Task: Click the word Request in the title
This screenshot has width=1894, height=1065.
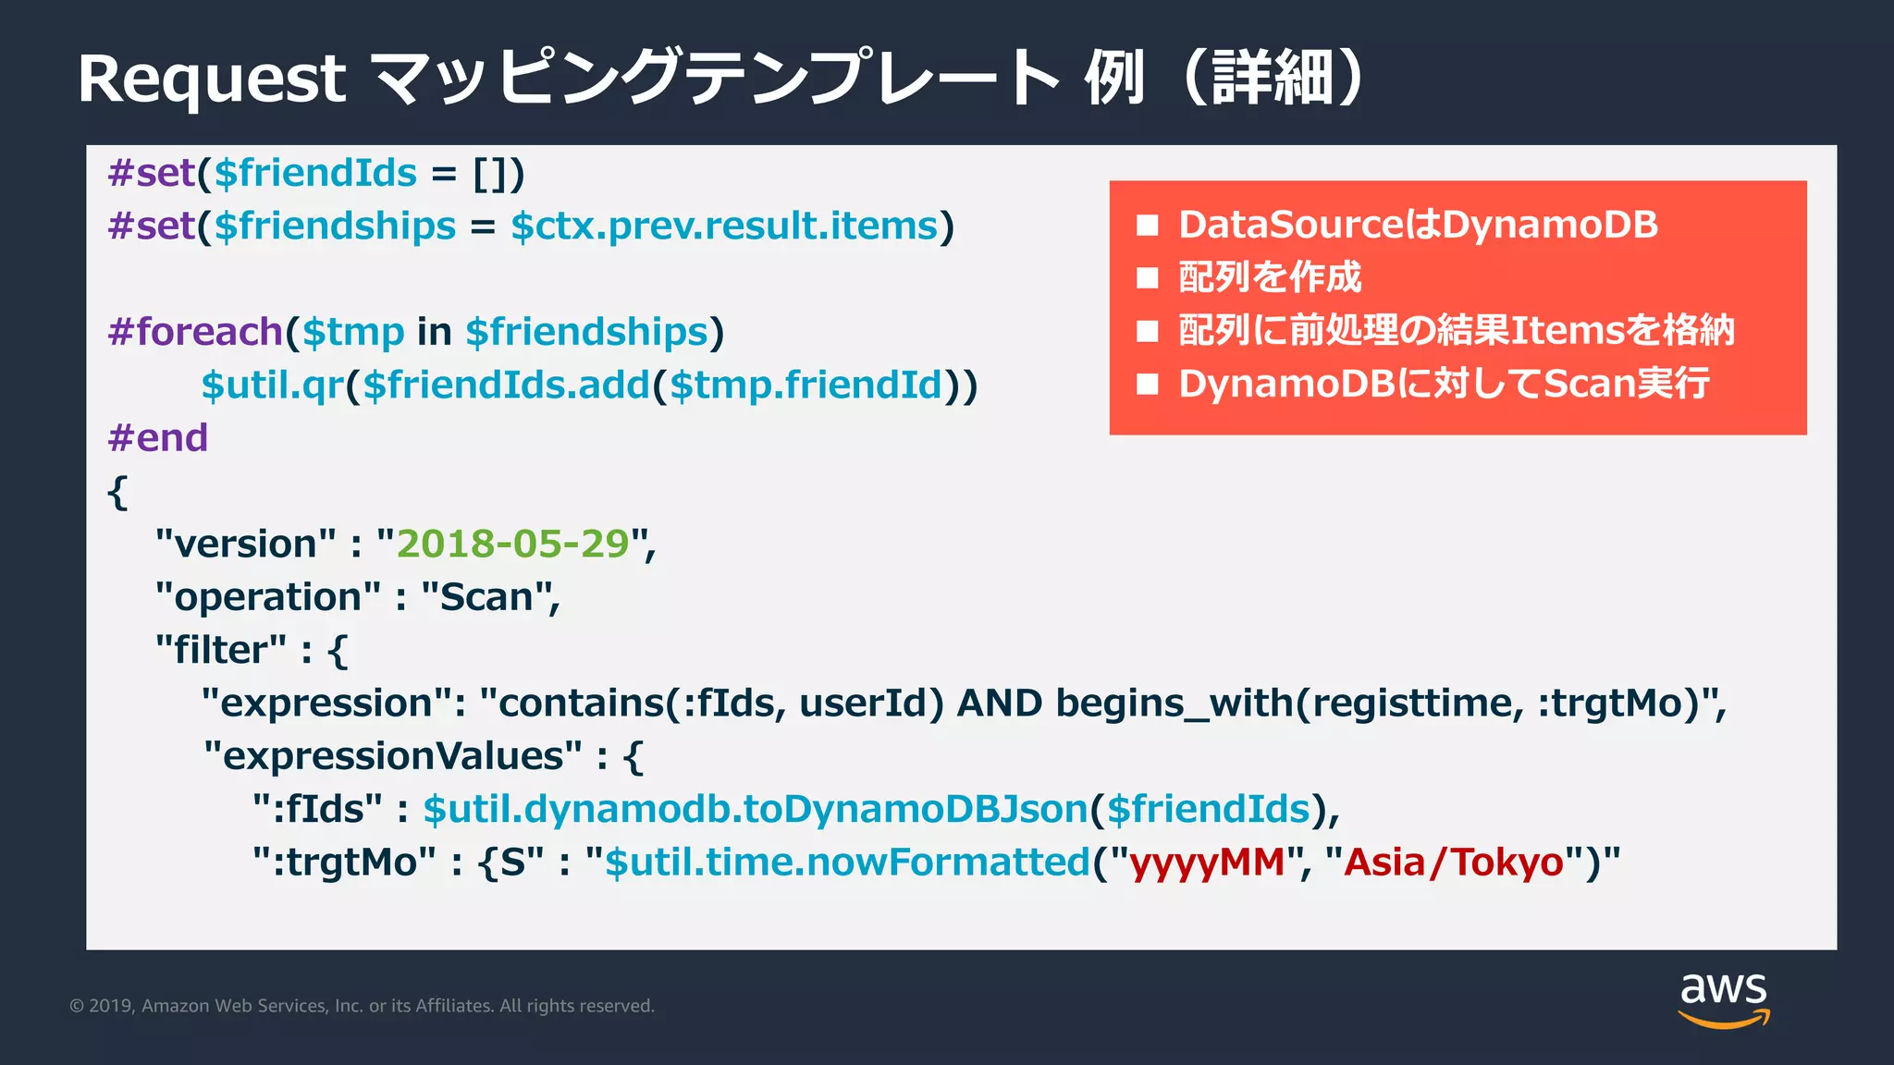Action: click(x=212, y=80)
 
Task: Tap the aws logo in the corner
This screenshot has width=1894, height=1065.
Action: click(x=1723, y=998)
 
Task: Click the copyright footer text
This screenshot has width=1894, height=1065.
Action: click(x=362, y=1006)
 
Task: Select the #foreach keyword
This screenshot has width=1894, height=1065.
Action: click(x=195, y=332)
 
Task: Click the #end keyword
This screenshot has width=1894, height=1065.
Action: click(x=158, y=438)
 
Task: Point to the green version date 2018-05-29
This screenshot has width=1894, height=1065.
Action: click(x=512, y=545)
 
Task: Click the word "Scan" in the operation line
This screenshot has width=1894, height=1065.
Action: click(x=486, y=597)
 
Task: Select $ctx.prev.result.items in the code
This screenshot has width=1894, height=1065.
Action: click(x=724, y=226)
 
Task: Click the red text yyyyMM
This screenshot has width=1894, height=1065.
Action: click(x=1207, y=863)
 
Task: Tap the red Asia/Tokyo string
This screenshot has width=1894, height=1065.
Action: click(x=1453, y=863)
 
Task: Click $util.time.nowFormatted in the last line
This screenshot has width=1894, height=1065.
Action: click(x=847, y=863)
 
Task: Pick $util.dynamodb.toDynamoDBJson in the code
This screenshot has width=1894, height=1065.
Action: click(x=755, y=810)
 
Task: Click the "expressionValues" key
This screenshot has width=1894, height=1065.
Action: click(x=393, y=756)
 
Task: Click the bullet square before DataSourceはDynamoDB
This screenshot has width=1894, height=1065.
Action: click(x=1148, y=226)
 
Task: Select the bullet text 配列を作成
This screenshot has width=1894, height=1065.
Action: click(x=1270, y=277)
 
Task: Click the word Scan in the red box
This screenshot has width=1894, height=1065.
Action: click(x=1585, y=384)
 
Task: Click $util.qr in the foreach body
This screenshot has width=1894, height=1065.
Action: click(x=273, y=386)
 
